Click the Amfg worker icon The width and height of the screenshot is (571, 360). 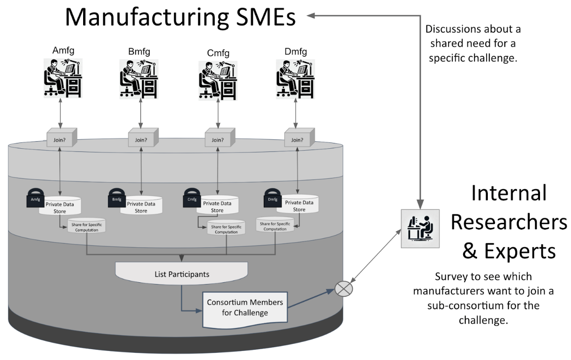click(62, 77)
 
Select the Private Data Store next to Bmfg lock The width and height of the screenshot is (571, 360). click(141, 206)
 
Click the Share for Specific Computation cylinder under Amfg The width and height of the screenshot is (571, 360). click(86, 226)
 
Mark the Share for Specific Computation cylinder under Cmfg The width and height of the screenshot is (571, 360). click(226, 228)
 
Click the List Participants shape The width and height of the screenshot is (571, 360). click(181, 273)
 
